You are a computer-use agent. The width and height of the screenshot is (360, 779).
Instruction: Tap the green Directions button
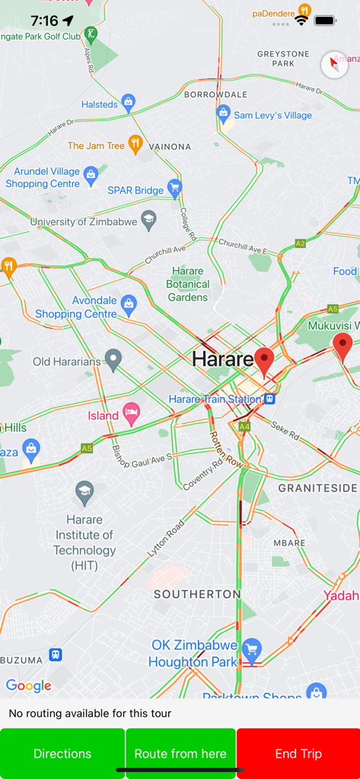coord(62,753)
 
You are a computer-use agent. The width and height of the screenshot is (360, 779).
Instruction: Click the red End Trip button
coord(298,753)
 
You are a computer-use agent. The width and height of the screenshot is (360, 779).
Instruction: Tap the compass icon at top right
coord(334,65)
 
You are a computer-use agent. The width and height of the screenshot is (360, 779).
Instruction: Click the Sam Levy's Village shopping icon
coord(224,115)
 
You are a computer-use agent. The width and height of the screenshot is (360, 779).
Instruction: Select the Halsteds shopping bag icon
coord(129,103)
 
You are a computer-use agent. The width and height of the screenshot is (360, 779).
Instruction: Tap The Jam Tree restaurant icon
coord(135,145)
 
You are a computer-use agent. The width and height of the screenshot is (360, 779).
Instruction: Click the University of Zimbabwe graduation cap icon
coord(148,221)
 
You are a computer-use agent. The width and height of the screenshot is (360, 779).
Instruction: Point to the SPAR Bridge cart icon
coord(175,189)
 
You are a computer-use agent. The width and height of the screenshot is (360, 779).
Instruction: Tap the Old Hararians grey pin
coord(113,360)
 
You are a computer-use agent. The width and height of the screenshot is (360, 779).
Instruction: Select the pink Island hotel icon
coord(132,415)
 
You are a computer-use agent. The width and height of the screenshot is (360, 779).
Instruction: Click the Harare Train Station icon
coord(269,399)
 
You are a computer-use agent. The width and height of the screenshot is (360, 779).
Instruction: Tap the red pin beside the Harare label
coord(264,361)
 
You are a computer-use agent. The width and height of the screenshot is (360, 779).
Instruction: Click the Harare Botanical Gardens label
coord(188,284)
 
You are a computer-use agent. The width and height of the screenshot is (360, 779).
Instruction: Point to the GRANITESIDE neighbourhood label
coord(317,488)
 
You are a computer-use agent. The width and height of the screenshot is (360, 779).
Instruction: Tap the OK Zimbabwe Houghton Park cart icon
coord(252,651)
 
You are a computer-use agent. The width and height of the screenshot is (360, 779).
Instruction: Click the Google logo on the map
coord(29,686)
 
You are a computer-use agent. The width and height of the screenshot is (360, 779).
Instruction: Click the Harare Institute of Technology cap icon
coord(84,493)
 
